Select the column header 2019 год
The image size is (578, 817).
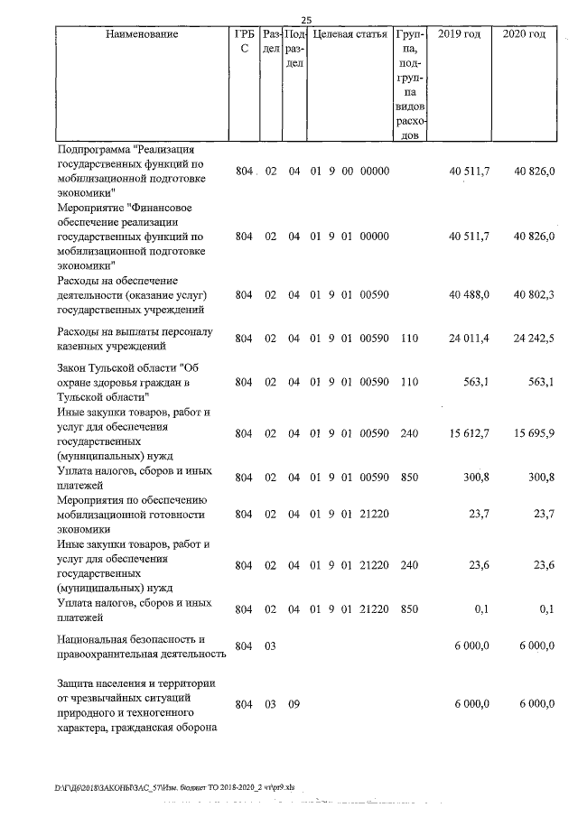click(459, 34)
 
